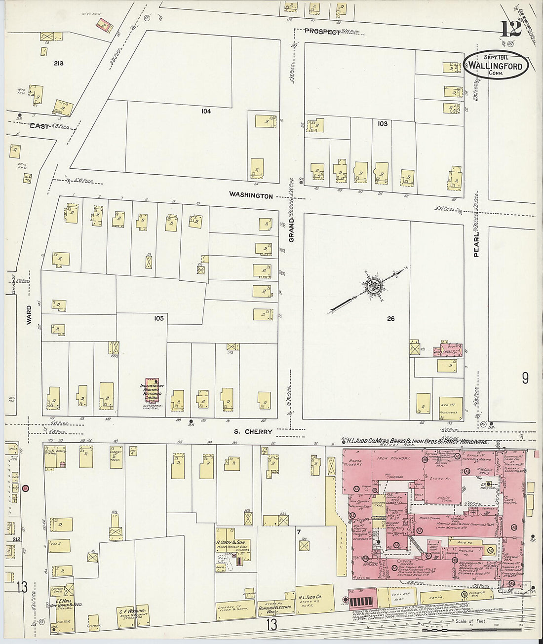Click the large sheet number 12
tap(511, 29)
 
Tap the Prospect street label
tap(322, 32)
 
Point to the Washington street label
tap(251, 196)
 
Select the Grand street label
tap(291, 229)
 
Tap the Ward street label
tap(29, 314)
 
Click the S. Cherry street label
tap(253, 432)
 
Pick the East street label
tap(39, 126)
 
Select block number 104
tap(206, 112)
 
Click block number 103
tap(382, 124)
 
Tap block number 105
tap(158, 319)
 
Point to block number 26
tap(390, 319)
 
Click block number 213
tap(59, 64)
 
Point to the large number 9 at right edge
tap(525, 379)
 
